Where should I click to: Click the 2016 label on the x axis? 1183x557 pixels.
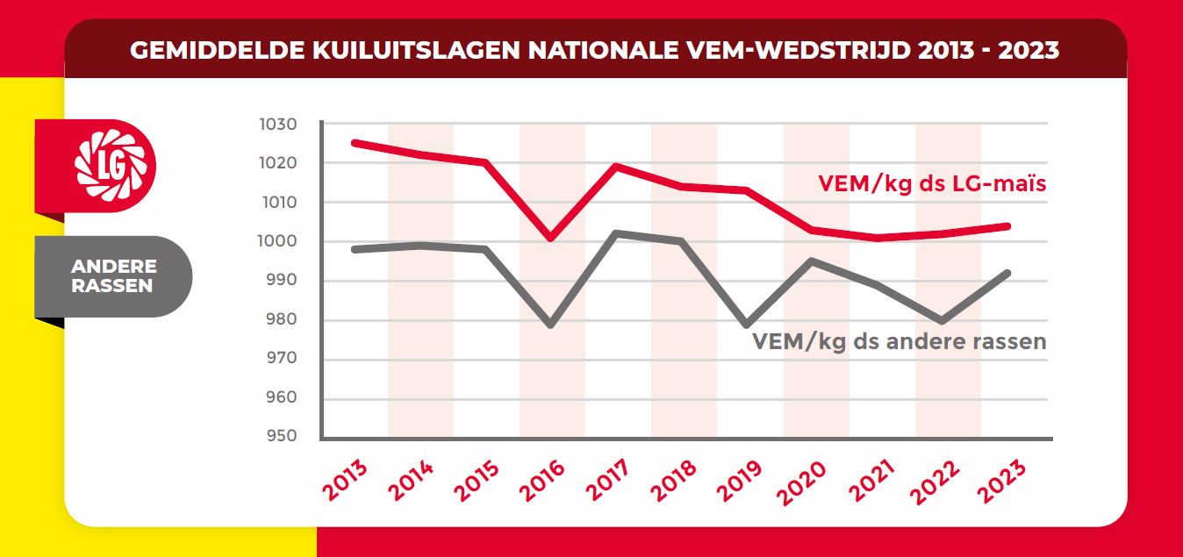click(542, 481)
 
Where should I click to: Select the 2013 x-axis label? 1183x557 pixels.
click(345, 481)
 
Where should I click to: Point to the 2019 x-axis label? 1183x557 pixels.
click(740, 481)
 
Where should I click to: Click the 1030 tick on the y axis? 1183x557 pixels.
click(278, 125)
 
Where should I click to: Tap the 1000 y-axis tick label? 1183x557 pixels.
click(278, 241)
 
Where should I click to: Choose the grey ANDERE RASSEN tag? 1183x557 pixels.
click(113, 276)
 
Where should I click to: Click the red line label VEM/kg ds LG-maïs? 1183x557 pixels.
click(933, 184)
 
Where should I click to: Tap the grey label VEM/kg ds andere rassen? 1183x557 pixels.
click(900, 341)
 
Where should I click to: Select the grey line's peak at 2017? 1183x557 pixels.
click(617, 233)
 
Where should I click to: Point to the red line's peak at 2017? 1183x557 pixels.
click(617, 166)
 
